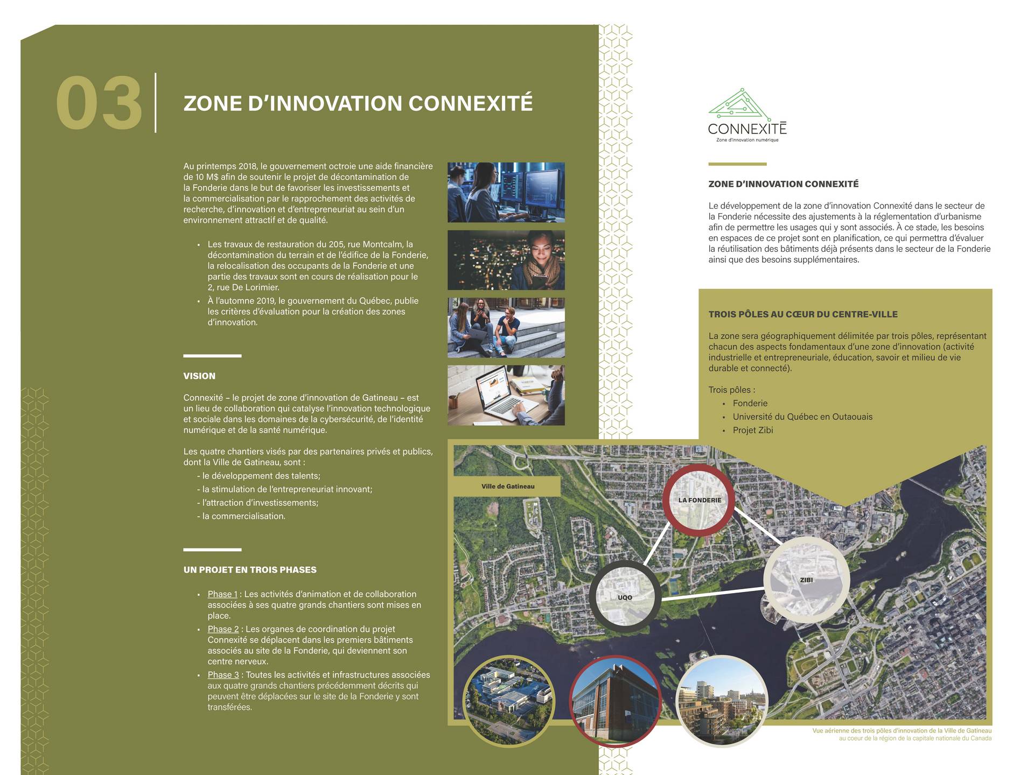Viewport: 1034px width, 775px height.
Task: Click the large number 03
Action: click(x=99, y=103)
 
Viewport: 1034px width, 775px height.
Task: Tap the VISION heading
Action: click(x=199, y=376)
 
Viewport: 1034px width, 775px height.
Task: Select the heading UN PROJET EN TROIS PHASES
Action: click(x=250, y=570)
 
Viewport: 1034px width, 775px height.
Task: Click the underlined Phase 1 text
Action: click(x=222, y=594)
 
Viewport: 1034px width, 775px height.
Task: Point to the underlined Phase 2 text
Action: click(x=223, y=629)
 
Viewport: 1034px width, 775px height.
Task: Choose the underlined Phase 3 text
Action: click(x=223, y=675)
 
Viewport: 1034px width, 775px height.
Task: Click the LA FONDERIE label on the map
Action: click(x=700, y=500)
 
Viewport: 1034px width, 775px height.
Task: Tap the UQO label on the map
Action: click(x=625, y=597)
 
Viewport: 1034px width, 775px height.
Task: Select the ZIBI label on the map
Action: click(x=806, y=580)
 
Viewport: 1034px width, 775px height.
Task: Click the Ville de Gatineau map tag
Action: click(x=507, y=487)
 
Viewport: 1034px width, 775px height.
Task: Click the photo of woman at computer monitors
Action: click(x=506, y=192)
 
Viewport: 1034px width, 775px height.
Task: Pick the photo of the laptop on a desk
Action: click(x=506, y=395)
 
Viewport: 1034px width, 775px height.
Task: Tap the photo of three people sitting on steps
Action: click(x=506, y=328)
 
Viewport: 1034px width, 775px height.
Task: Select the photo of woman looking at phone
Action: click(x=506, y=260)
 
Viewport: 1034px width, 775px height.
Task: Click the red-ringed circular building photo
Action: click(x=615, y=701)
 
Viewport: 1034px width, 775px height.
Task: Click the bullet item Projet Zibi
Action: click(x=752, y=430)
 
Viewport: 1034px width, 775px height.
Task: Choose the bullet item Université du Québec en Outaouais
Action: click(x=802, y=417)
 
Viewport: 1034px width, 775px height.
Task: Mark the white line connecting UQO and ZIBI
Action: click(x=712, y=594)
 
